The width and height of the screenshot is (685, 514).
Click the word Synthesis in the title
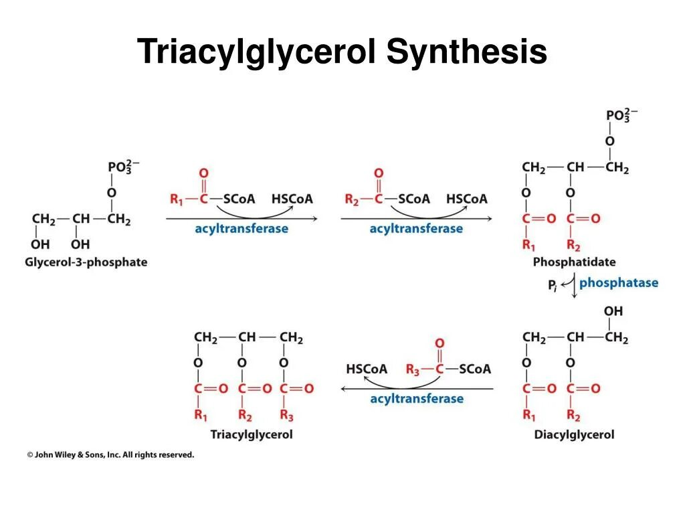(466, 53)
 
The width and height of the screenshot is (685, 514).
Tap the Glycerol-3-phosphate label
(86, 262)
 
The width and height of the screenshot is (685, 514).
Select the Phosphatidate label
(574, 262)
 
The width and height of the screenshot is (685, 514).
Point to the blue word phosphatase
(619, 282)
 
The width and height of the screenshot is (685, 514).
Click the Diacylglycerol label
(574, 434)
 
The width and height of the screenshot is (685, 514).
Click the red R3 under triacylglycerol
(286, 416)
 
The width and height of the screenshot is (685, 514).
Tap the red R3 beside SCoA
(413, 369)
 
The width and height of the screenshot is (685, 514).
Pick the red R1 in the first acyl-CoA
(177, 199)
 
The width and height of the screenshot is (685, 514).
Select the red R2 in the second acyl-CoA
(352, 199)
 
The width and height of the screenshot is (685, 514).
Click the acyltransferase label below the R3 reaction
(416, 399)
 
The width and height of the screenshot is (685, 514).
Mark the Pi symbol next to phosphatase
(553, 286)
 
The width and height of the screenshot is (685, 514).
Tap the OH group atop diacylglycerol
(613, 311)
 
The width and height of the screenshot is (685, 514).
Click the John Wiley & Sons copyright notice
(110, 454)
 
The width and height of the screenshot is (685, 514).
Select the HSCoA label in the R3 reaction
(367, 369)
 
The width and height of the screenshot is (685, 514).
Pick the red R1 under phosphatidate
(528, 244)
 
